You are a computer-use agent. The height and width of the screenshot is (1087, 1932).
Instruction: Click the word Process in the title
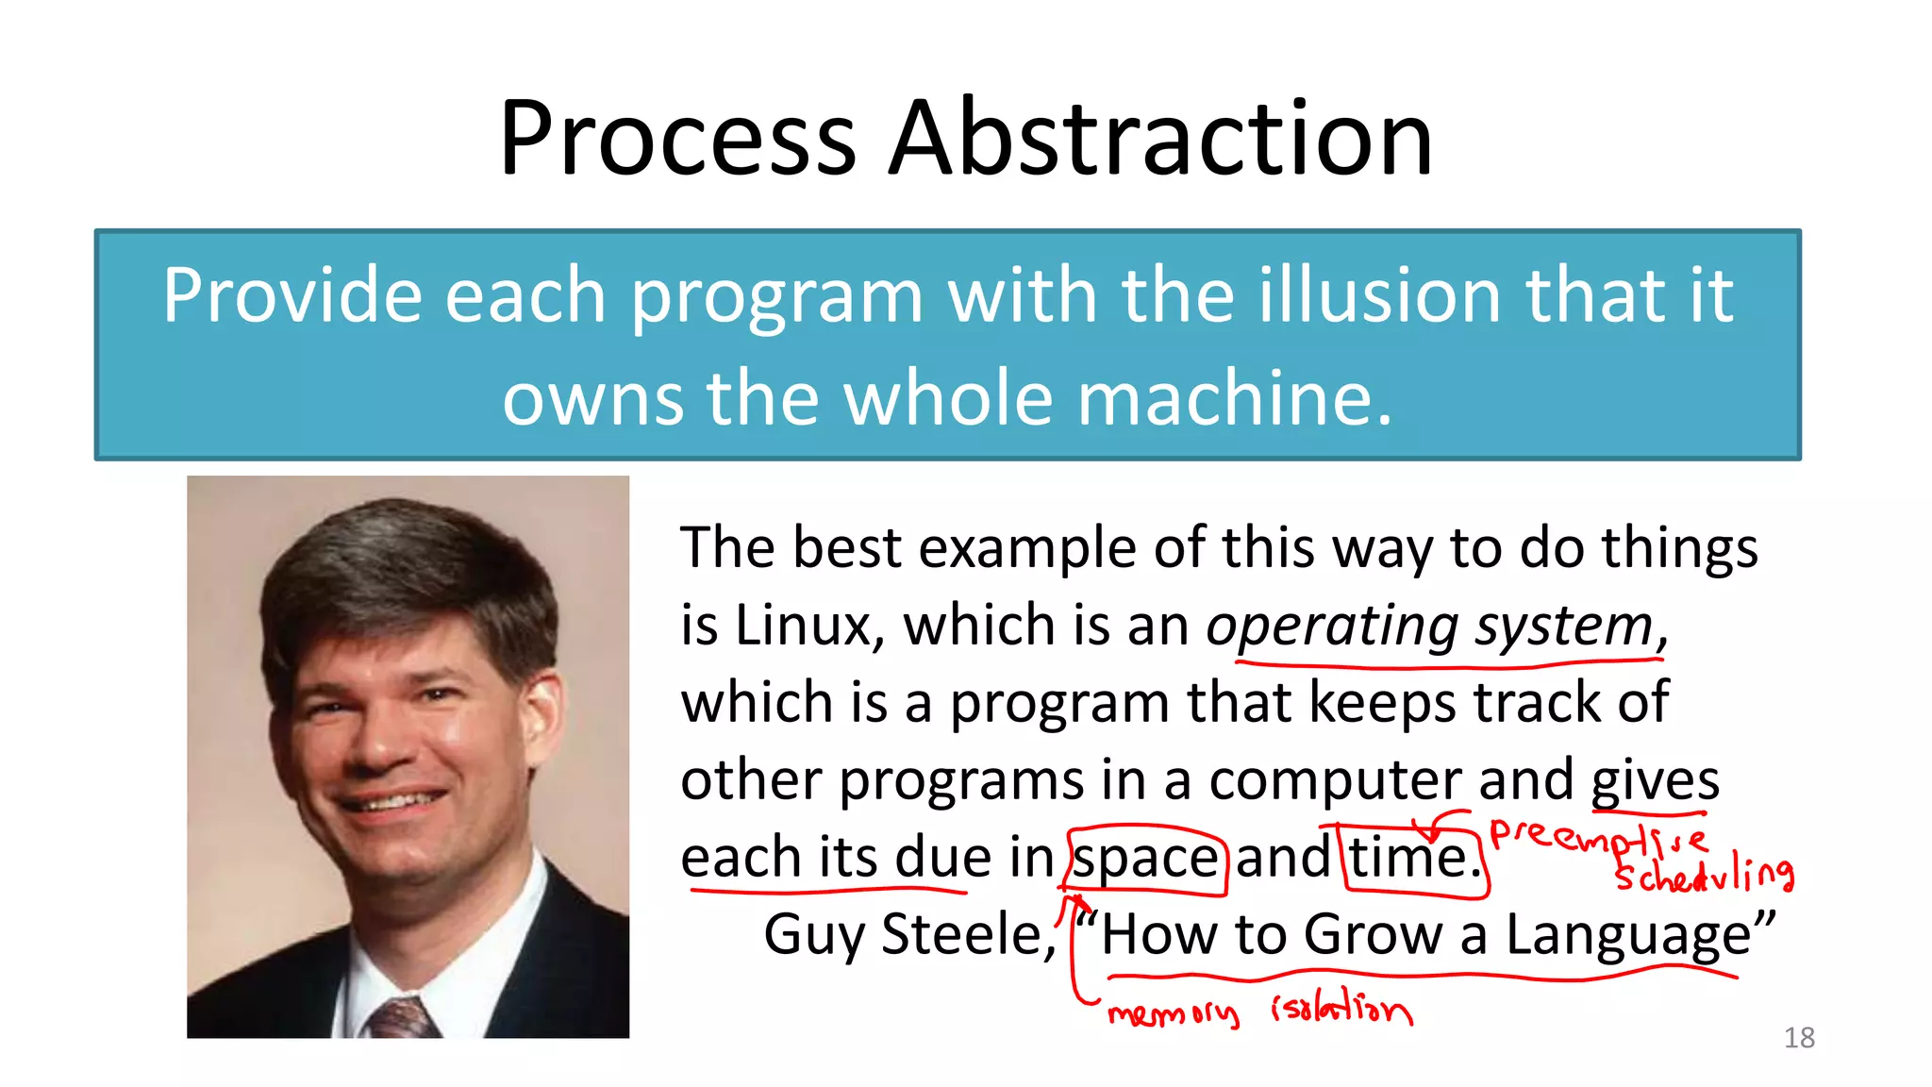click(x=677, y=139)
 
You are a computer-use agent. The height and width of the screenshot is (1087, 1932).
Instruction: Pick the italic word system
click(x=1565, y=627)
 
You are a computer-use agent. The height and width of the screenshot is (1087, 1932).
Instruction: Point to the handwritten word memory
click(x=1173, y=1013)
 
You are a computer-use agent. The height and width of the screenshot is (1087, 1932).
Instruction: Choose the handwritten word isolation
click(x=1341, y=1011)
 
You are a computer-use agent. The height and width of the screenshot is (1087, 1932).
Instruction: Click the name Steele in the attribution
click(x=967, y=935)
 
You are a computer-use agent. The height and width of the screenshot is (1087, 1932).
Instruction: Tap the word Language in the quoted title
click(x=1627, y=935)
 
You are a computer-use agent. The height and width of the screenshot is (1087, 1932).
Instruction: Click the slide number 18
click(x=1799, y=1038)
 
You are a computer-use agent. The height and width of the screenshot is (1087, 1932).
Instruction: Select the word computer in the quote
click(x=1335, y=781)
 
